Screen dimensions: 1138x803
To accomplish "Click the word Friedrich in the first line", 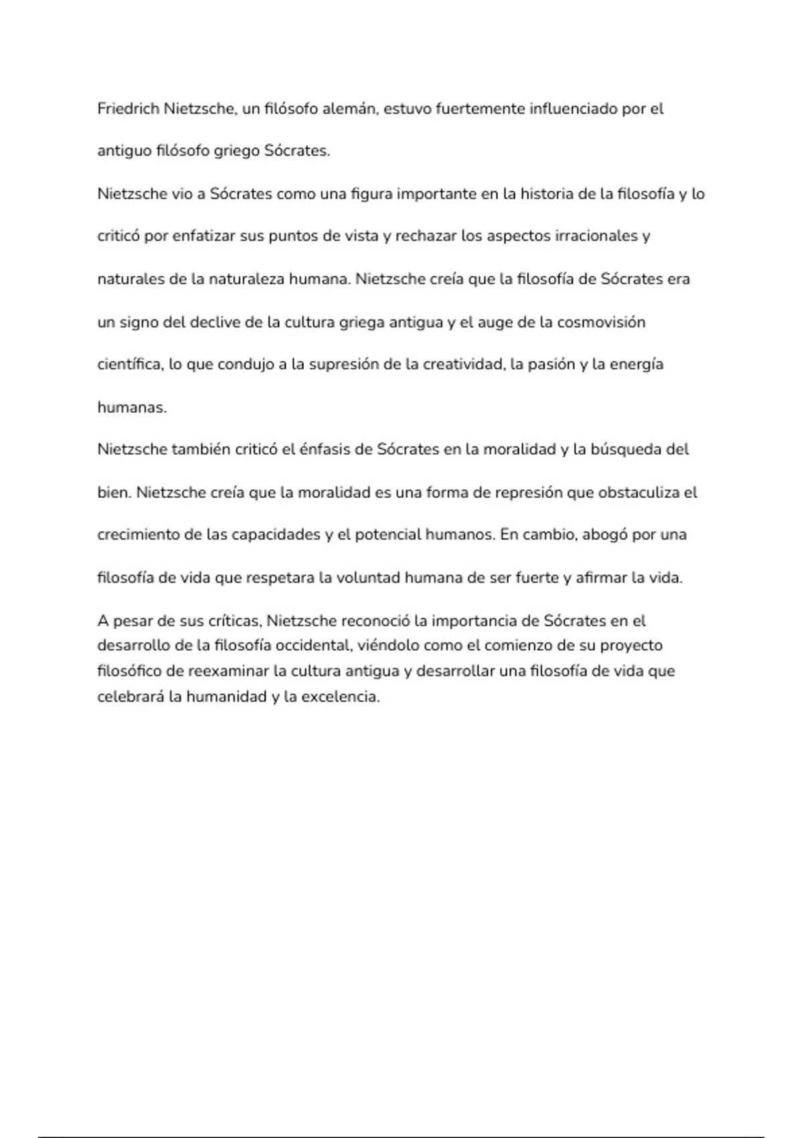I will point(128,108).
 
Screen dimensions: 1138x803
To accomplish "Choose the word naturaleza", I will point(246,278).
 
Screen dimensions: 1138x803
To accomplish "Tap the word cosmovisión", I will point(601,322).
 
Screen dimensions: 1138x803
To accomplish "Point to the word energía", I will point(636,364).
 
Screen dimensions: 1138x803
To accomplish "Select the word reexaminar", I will point(228,671).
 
